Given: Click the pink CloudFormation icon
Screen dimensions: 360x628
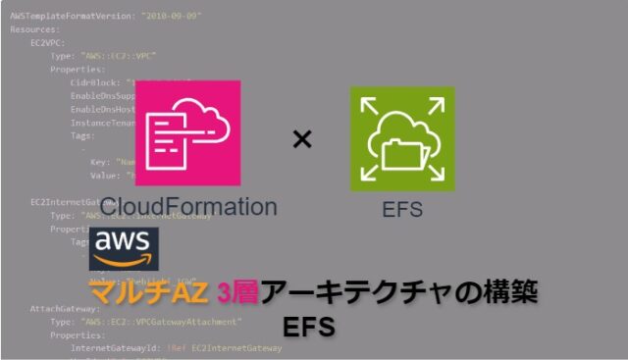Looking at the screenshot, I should point(187,133).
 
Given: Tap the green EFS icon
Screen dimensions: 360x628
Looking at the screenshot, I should point(402,138).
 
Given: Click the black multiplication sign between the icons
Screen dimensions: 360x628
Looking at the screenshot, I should point(302,139).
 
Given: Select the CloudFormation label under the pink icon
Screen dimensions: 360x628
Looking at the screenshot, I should point(187,207).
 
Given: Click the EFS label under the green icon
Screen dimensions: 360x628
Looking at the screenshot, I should point(402,208).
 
